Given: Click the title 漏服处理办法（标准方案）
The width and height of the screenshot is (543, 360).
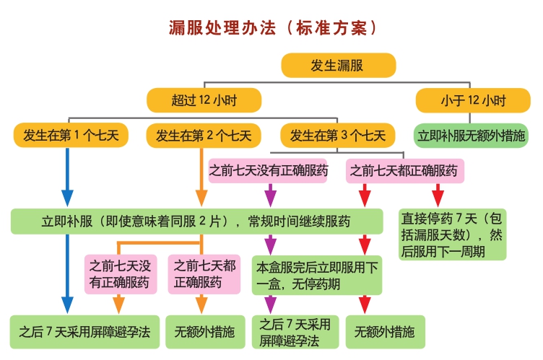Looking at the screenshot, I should tap(272, 28).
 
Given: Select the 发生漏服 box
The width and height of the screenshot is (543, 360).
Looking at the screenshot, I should tap(338, 66).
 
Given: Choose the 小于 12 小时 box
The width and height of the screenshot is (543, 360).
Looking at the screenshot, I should tap(472, 100).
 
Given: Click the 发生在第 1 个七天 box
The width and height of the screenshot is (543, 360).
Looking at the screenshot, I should tap(66, 135).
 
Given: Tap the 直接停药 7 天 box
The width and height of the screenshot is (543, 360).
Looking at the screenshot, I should tap(453, 234).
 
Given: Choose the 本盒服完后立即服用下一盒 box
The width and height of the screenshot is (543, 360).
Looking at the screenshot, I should tap(317, 275).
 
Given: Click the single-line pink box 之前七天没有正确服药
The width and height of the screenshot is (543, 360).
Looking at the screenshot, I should tap(268, 172).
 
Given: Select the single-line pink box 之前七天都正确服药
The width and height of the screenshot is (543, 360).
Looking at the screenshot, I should tap(404, 172).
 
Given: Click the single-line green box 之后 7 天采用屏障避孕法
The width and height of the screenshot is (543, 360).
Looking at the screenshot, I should tap(84, 333).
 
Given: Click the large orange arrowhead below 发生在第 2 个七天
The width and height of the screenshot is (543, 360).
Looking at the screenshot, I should tap(201, 197).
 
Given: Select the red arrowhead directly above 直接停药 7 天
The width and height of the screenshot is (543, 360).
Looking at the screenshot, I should tap(437, 196).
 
